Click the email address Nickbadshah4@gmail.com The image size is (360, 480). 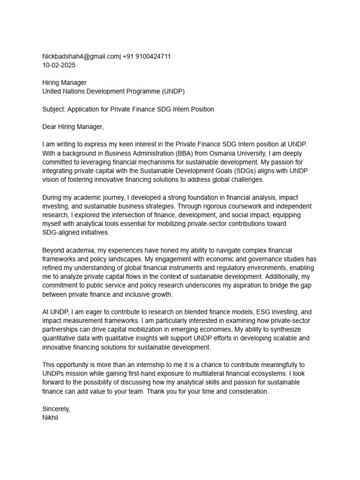(x=81, y=57)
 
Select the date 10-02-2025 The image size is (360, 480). (x=59, y=65)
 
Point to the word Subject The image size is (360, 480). (x=53, y=109)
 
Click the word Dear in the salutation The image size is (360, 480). (x=50, y=127)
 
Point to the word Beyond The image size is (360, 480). (x=53, y=250)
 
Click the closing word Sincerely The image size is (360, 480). (x=56, y=409)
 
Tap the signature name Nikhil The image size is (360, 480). (x=50, y=418)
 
